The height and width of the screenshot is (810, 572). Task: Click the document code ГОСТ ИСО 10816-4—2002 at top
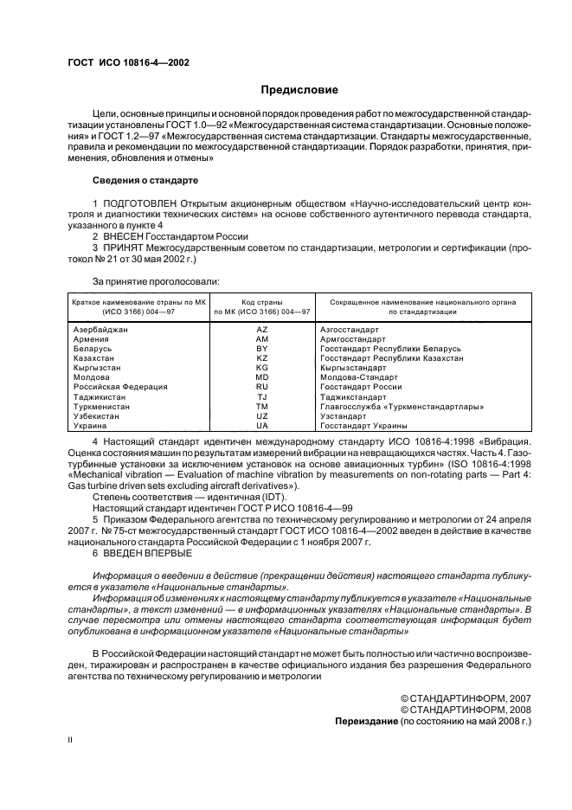coord(128,62)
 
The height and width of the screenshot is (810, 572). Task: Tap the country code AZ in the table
coord(262,331)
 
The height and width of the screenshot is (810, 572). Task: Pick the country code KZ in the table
coord(262,357)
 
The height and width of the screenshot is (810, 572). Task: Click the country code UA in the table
coord(262,426)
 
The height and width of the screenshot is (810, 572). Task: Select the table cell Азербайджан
coord(100,331)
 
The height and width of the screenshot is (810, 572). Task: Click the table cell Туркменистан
coord(100,406)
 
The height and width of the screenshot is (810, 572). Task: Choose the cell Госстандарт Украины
coord(363,426)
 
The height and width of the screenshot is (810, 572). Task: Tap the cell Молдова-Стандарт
coord(359,377)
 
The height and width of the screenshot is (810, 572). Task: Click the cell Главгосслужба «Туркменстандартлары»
coord(402,406)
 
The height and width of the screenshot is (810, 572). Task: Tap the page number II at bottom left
coord(71,741)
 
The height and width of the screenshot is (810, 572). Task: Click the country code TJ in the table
coord(262,396)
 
